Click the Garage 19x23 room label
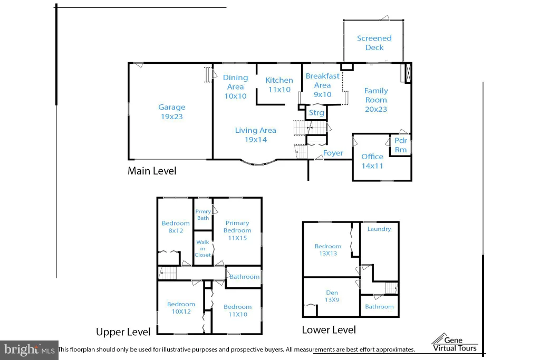[171, 112]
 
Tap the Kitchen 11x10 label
[279, 85]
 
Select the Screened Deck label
[374, 43]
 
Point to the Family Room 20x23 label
[376, 100]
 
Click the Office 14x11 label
[372, 161]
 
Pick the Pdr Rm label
[401, 145]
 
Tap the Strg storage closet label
[316, 113]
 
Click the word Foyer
[333, 153]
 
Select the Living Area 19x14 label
[256, 135]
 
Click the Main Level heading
[152, 171]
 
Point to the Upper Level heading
[123, 332]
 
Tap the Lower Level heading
[329, 330]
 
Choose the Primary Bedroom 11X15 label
[237, 230]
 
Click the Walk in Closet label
[202, 248]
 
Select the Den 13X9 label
[332, 296]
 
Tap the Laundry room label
[379, 229]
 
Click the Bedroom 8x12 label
[176, 227]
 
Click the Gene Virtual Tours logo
[455, 343]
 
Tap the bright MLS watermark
[30, 350]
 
